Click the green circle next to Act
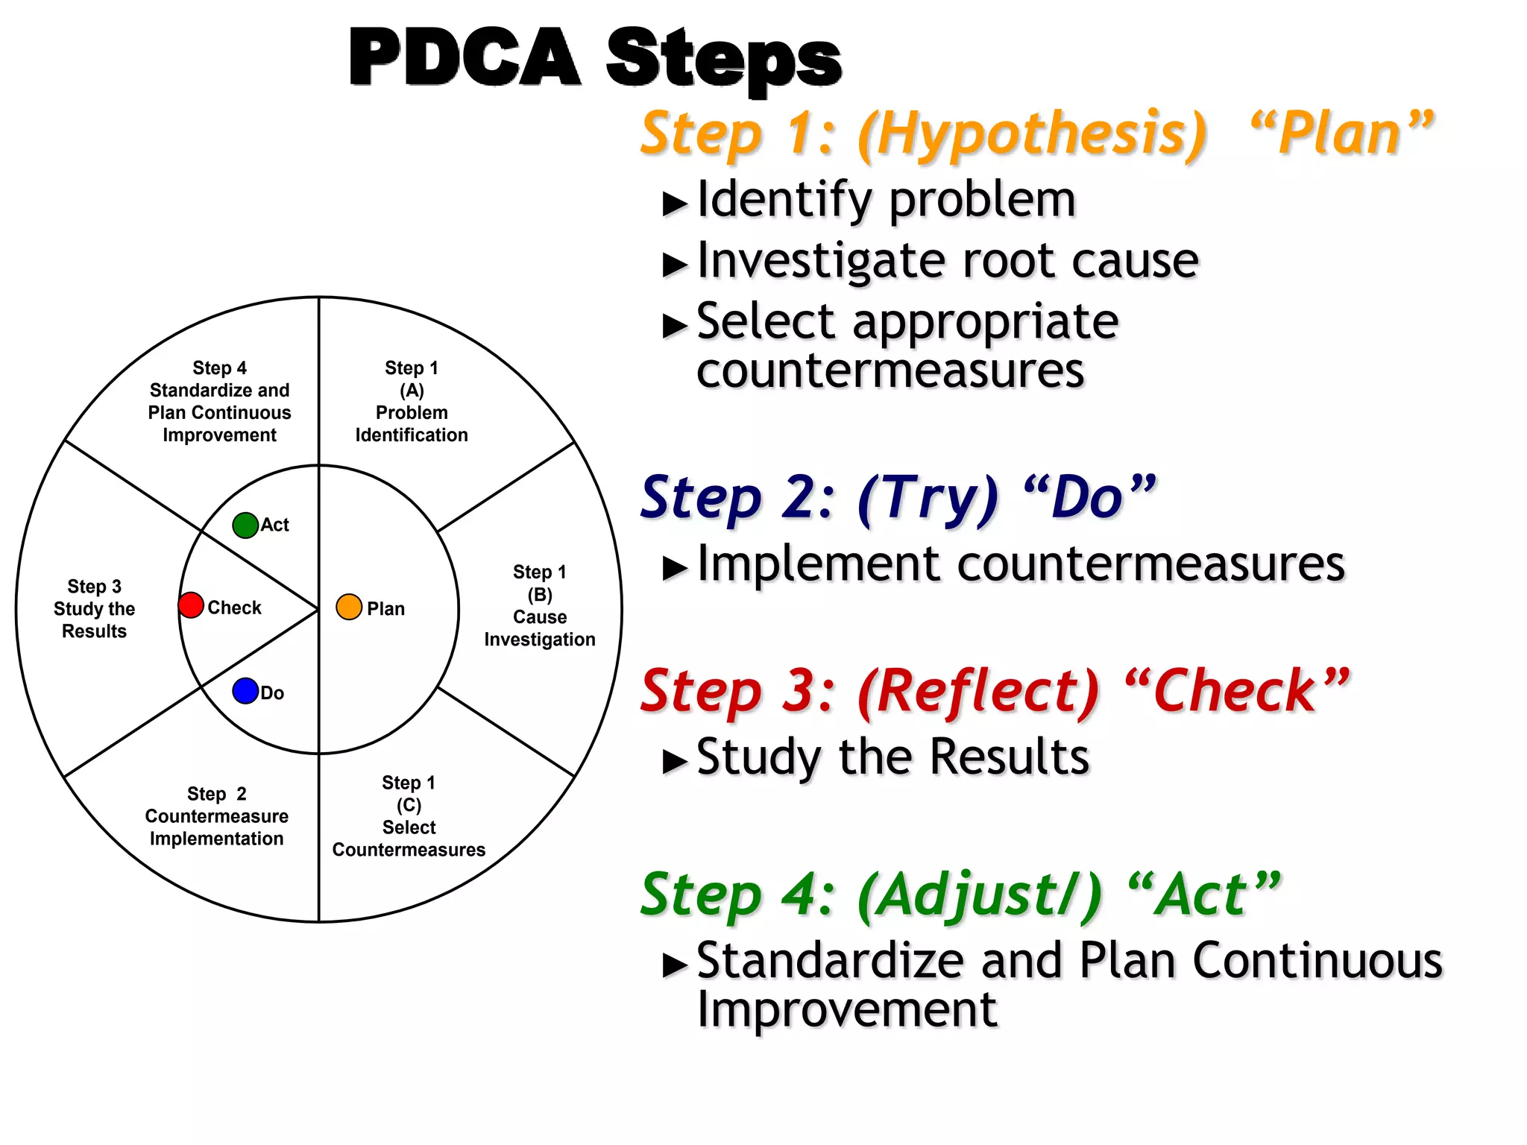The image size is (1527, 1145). pos(245,526)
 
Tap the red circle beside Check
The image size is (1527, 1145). pos(192,605)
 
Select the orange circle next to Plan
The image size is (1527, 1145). pos(349,607)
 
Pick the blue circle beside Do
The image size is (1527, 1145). pos(245,691)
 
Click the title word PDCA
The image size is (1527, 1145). pos(464,58)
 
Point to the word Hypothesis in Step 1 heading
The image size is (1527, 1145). pos(1032,134)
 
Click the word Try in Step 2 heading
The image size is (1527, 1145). pos(928,498)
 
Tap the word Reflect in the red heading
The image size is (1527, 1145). pos(978,691)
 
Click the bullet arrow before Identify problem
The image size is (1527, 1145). pos(675,204)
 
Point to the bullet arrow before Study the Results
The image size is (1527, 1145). pos(675,761)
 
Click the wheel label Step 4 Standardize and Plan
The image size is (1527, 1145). pos(219,401)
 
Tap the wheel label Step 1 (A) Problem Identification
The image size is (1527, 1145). pos(412,401)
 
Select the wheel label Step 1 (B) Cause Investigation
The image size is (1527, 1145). pos(540,605)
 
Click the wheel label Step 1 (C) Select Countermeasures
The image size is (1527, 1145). pos(409,816)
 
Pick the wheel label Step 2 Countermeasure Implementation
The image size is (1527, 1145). pos(216,816)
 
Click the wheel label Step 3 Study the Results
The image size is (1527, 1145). pos(94,608)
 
